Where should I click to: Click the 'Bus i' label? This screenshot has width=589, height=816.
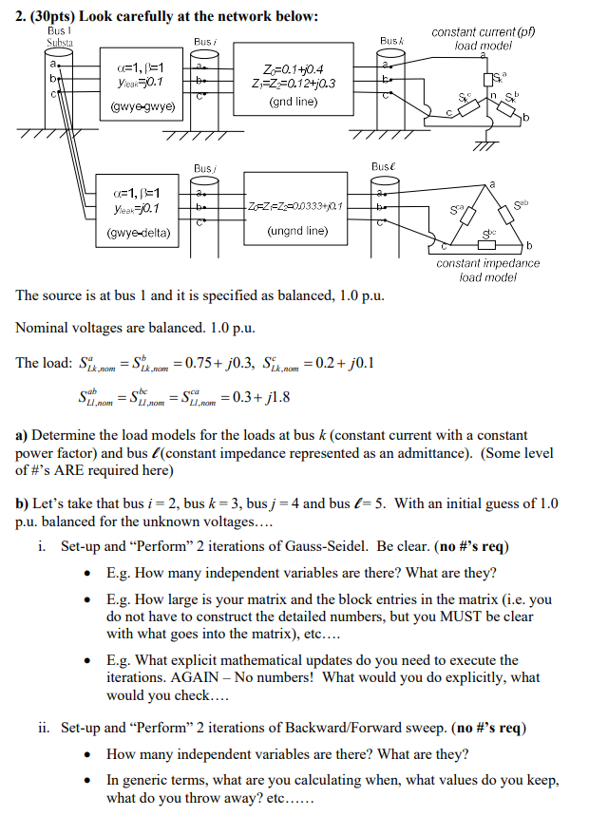click(204, 42)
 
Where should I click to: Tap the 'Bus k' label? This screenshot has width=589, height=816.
click(391, 42)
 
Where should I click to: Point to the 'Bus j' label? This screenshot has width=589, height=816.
click(202, 168)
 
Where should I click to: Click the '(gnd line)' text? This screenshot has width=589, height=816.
click(294, 102)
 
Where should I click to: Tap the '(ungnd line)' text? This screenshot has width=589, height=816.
click(297, 229)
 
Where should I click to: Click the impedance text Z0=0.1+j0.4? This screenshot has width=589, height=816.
click(293, 68)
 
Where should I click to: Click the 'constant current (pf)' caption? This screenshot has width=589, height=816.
click(483, 32)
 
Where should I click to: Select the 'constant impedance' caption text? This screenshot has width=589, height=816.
click(484, 264)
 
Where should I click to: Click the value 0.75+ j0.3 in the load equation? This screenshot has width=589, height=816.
click(220, 363)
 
